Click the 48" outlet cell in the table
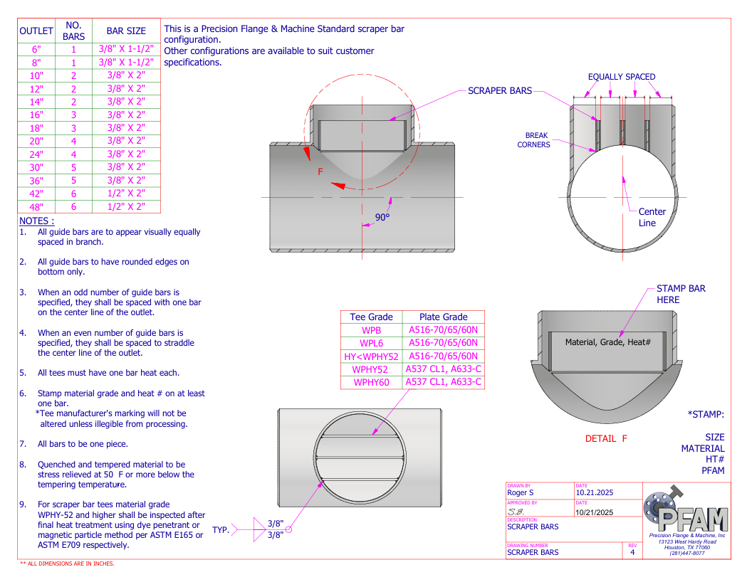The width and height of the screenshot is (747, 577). pos(36,207)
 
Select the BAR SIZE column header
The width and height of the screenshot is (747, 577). pos(126,31)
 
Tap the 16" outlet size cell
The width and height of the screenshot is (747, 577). pos(36,115)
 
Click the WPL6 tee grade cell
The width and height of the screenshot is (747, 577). pos(371,343)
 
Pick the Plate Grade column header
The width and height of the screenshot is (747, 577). pos(443,317)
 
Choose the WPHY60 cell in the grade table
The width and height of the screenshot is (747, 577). pos(371,382)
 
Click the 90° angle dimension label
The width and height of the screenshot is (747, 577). pos(382,217)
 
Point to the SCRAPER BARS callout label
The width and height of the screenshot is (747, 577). pos(500,91)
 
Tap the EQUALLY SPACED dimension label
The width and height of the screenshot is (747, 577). pos(621,77)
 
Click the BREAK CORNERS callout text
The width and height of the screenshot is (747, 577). pos(536,140)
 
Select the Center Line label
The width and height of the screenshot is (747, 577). pos(651,217)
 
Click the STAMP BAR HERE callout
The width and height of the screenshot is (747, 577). pos(680,294)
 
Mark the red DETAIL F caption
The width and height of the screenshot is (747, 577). pos(606,438)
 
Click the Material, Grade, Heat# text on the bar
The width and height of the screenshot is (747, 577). pos(607,342)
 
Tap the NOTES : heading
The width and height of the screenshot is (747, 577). pos(36,221)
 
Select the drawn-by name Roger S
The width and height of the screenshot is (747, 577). pos(520,492)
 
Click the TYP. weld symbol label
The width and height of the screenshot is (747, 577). pos(221,529)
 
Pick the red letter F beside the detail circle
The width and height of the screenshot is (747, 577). pos(320,171)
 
